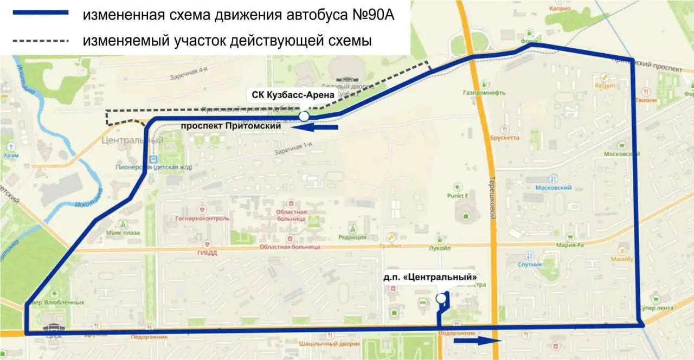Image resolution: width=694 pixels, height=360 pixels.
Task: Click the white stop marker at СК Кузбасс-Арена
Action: coord(304,116)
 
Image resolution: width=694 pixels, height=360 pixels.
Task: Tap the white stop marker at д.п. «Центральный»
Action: coord(441,298)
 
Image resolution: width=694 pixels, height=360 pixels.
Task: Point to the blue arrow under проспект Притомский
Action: coord(314,127)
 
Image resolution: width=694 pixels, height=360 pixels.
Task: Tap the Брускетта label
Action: coord(504,138)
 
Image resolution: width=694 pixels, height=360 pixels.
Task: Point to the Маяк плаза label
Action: coord(123,233)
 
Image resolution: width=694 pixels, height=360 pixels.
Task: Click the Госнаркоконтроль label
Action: coord(203,218)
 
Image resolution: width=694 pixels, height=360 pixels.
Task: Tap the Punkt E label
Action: coord(458,195)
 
